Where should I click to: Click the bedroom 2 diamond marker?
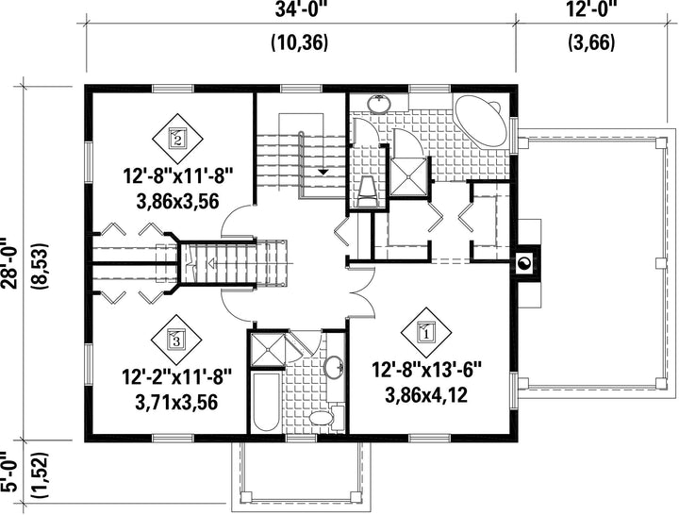coord(177,139)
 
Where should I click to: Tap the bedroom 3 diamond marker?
coord(176,340)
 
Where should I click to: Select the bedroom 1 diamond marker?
coord(426,333)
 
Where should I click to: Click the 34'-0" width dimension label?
coord(299,9)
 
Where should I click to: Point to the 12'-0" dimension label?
coord(591,8)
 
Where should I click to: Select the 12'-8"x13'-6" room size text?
coord(426,371)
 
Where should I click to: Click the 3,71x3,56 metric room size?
coord(176,403)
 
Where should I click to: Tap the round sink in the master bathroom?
coord(380,104)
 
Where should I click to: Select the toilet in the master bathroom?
coord(369,191)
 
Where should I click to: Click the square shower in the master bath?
coord(408,176)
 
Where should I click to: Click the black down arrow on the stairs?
coord(323,172)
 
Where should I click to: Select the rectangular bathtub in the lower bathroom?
coord(265,401)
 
